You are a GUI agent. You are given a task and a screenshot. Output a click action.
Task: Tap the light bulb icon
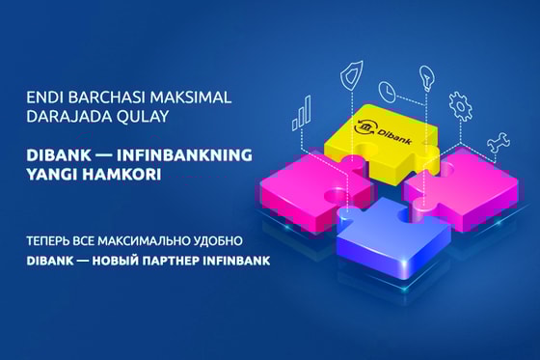coord(426,78)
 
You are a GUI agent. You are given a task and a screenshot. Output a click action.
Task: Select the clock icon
coord(388,91)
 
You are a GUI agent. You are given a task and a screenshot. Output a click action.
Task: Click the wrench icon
coord(499,143)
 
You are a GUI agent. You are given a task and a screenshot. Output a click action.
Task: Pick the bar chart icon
coord(301,113)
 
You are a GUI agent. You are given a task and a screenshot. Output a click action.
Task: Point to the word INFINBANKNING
coord(184,155)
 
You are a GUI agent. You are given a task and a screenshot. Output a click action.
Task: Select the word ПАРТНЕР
coord(171,261)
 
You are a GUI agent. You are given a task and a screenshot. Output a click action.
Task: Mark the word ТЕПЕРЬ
coord(48,240)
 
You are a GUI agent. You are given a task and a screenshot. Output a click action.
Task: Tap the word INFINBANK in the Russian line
coord(236,261)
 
